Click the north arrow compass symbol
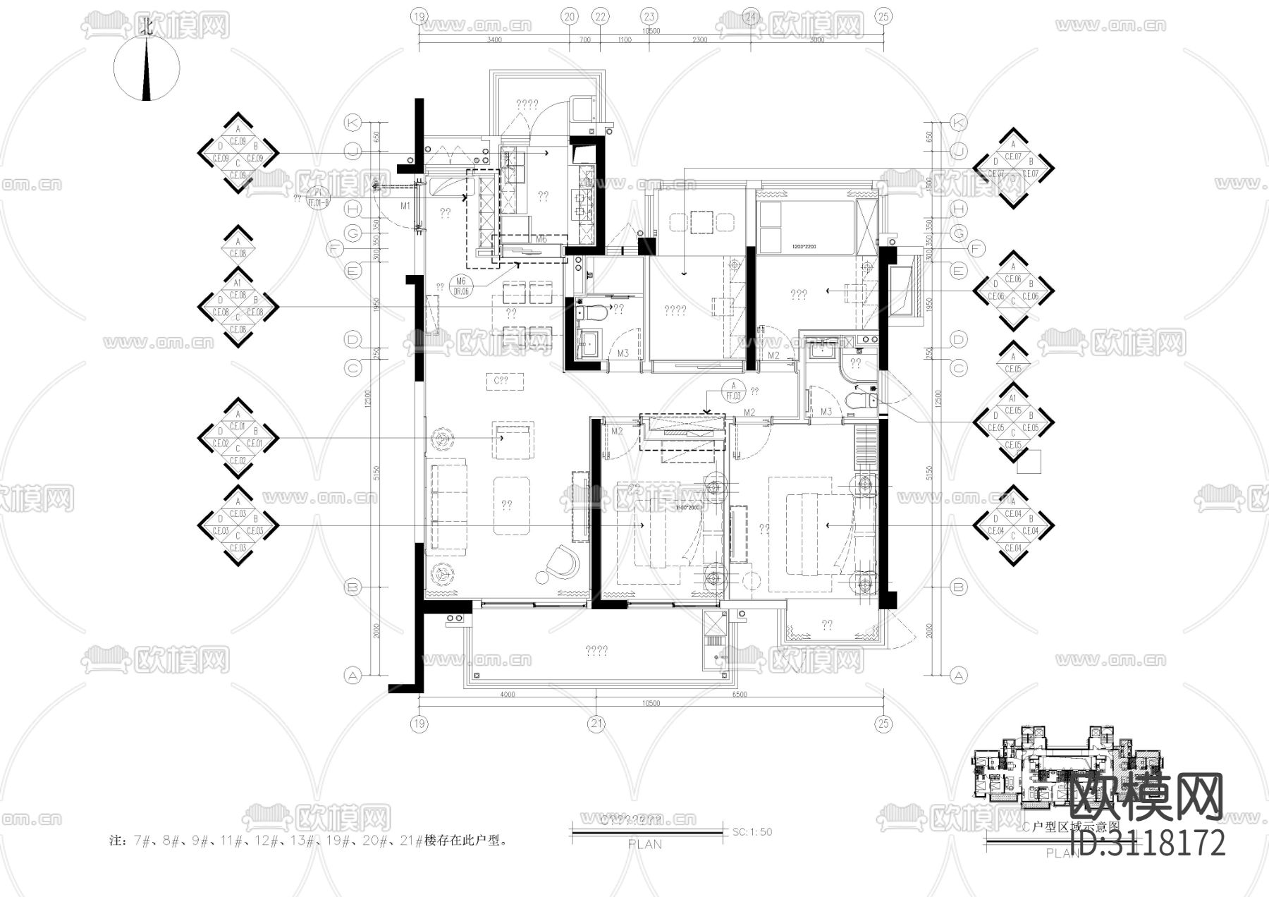(147, 69)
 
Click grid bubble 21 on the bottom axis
(597, 724)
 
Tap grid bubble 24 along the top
(752, 16)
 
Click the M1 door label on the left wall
(405, 206)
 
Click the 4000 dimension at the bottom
(508, 695)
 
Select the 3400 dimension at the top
(493, 40)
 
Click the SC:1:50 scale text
(752, 832)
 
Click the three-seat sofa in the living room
(448, 505)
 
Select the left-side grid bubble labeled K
(352, 123)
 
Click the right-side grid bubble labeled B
(958, 587)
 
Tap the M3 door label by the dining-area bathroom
(623, 353)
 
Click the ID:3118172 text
(1148, 843)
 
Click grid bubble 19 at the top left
(419, 16)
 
